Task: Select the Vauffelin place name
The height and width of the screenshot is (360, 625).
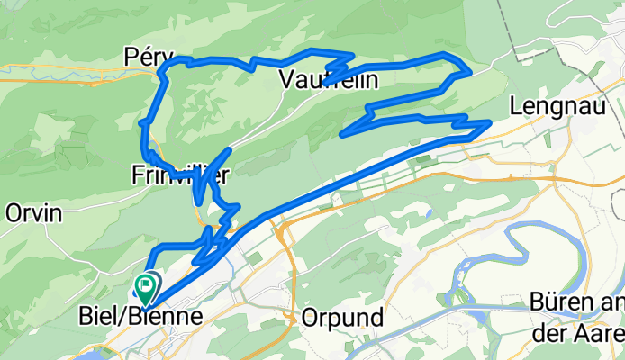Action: coord(328,80)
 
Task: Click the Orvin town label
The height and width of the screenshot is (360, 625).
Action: coord(33,213)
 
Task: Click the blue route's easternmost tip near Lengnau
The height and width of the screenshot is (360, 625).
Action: coord(489,121)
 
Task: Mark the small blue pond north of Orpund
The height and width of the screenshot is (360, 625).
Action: coord(429,214)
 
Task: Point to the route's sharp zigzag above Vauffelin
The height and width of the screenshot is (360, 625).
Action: coord(340,65)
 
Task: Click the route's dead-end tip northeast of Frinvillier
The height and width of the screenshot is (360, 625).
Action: coord(231,149)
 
